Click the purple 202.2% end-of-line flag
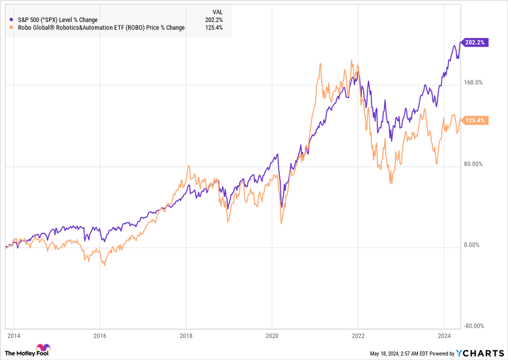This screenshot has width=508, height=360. tap(474, 42)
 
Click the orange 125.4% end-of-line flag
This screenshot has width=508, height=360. tap(474, 121)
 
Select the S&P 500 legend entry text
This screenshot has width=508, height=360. tap(58, 20)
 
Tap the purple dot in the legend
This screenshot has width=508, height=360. tap(12, 20)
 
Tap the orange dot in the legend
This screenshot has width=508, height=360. tap(12, 28)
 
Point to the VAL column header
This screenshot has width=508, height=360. tap(217, 11)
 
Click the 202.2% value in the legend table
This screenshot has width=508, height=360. tap(214, 20)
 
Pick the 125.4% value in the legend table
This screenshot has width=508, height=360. tap(214, 28)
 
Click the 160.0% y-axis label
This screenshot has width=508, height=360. tap(473, 82)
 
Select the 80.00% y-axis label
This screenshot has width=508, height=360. tap(473, 164)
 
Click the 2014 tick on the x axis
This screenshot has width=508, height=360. tap(14, 335)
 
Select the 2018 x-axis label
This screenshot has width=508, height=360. tap(186, 335)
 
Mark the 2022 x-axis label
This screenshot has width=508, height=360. tap(358, 335)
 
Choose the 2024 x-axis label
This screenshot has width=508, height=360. tap(444, 335)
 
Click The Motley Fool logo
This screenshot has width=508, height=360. tap(27, 351)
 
